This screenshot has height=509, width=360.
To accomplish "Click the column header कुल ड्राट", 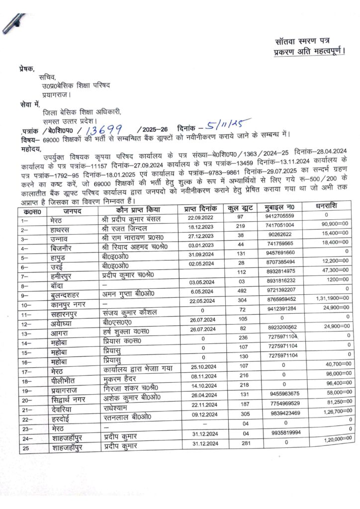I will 243,210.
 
